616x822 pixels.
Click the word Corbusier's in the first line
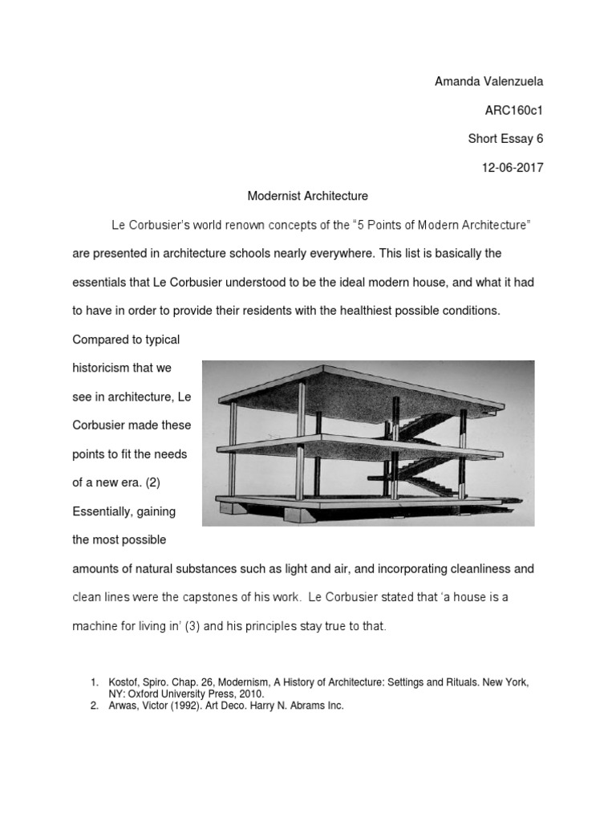[158, 225]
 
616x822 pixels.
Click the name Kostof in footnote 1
[124, 682]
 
